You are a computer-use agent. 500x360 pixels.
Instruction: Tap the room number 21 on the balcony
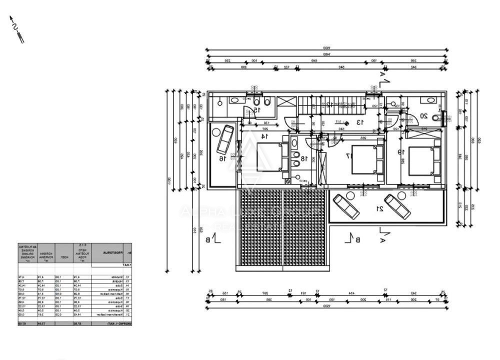(x=380, y=208)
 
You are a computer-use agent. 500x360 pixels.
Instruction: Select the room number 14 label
(x=263, y=135)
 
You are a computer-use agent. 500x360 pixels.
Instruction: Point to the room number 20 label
(x=423, y=116)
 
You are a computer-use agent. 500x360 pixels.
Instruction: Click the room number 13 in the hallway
(x=358, y=121)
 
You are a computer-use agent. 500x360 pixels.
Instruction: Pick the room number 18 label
(x=303, y=158)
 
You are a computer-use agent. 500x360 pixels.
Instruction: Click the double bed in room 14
(x=269, y=156)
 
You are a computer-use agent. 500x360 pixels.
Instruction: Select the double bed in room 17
(x=364, y=159)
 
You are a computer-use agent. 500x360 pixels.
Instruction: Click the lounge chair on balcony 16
(x=224, y=139)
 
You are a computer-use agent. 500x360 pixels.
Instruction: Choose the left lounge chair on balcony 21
(x=346, y=205)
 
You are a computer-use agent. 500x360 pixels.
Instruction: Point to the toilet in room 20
(x=436, y=118)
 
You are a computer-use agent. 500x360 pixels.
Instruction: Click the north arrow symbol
(x=16, y=29)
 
